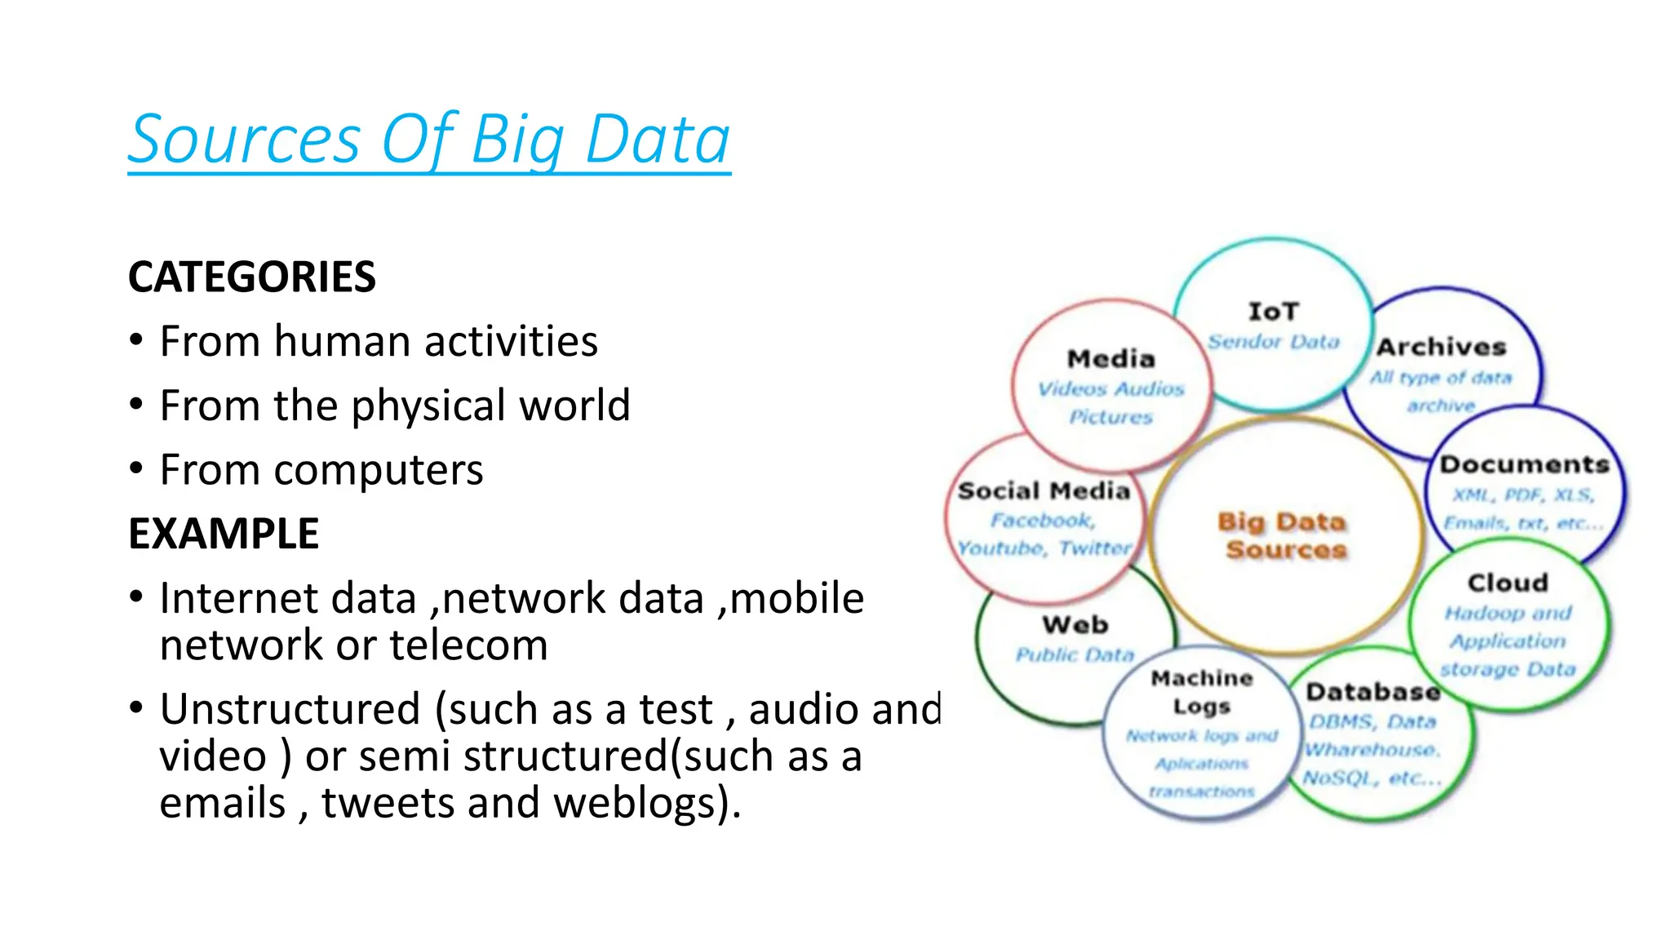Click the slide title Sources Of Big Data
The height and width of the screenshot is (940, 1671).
coord(429,140)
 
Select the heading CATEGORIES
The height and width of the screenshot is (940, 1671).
coord(251,277)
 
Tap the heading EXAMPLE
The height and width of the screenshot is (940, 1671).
coord(223,534)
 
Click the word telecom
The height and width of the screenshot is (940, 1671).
coord(468,645)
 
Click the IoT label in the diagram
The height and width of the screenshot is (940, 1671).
coord(1273,312)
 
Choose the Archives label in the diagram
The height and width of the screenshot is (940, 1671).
coord(1441,347)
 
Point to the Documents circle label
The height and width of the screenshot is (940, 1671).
coord(1523,464)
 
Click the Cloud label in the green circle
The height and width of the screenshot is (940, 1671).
coord(1507,583)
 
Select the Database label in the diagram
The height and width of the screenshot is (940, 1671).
coord(1372,692)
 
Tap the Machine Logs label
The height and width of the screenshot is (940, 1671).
coord(1201,692)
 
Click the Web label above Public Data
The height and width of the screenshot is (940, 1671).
coord(1075,625)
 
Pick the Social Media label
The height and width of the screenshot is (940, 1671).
coord(1044,490)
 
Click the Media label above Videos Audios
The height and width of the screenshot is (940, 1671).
coord(1110,359)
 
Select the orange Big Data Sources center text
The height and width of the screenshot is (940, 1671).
coord(1283,535)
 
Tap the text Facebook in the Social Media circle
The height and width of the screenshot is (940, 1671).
coord(1041,521)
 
